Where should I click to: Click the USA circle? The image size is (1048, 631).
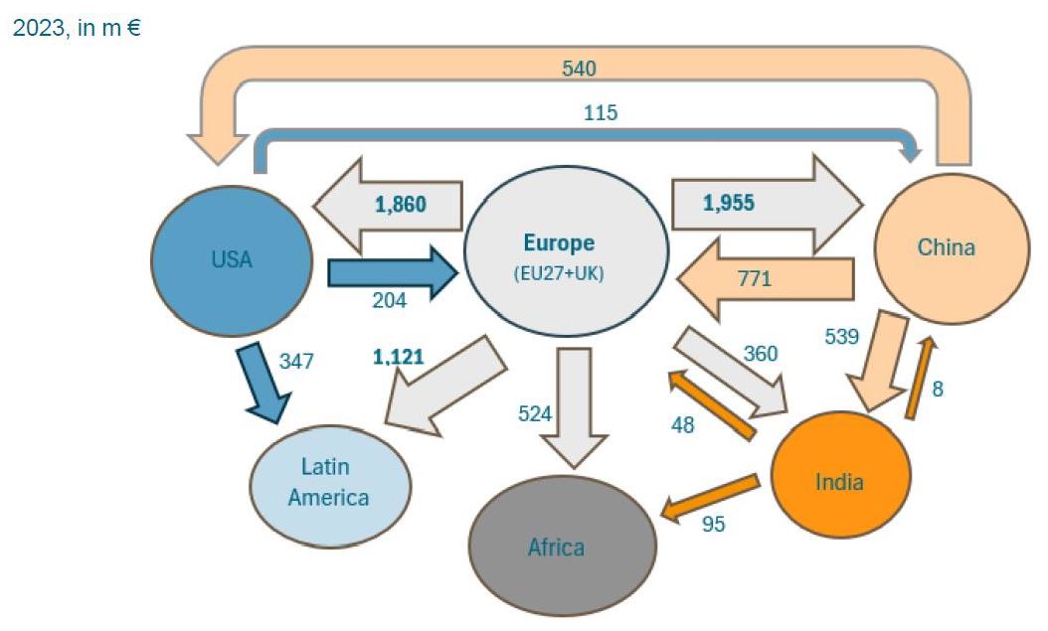tap(232, 260)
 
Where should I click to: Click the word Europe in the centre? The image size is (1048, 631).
tap(559, 242)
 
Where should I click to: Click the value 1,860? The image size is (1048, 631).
tap(400, 205)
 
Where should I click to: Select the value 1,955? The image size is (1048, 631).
tap(728, 204)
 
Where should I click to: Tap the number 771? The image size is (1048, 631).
tap(754, 279)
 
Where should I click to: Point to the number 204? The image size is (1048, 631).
tap(389, 300)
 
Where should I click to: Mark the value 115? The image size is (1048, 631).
tap(601, 113)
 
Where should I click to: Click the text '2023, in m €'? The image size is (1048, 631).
tap(76, 29)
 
